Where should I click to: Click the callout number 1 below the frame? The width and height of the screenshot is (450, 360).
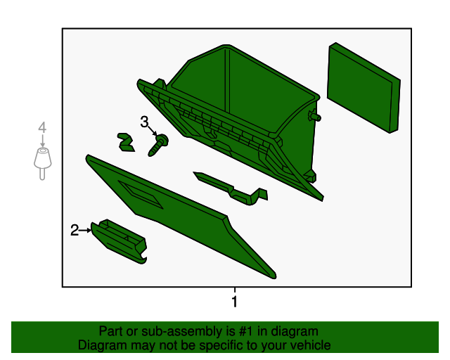pyautogui.click(x=234, y=302)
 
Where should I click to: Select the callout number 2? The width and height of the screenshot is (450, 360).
pyautogui.click(x=75, y=230)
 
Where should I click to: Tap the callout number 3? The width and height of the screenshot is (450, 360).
pyautogui.click(x=144, y=122)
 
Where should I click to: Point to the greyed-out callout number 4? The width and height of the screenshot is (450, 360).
pyautogui.click(x=42, y=127)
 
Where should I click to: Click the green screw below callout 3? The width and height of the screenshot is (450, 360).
pyautogui.click(x=158, y=145)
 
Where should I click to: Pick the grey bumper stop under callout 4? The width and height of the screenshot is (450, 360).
pyautogui.click(x=42, y=164)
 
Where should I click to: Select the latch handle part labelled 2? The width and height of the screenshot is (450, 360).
pyautogui.click(x=119, y=241)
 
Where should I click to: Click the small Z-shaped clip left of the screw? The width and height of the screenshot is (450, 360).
pyautogui.click(x=126, y=142)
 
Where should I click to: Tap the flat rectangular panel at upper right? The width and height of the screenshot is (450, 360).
pyautogui.click(x=364, y=88)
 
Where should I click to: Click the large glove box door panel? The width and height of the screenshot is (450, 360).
pyautogui.click(x=181, y=215)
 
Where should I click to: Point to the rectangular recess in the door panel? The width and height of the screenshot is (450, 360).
pyautogui.click(x=141, y=195)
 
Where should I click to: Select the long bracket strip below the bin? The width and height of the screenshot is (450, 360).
pyautogui.click(x=231, y=188)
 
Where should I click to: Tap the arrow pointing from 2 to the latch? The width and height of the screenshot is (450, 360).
pyautogui.click(x=85, y=230)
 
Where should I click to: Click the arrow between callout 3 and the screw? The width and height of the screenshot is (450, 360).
pyautogui.click(x=153, y=131)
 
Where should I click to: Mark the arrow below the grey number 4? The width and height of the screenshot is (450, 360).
pyautogui.click(x=42, y=141)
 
